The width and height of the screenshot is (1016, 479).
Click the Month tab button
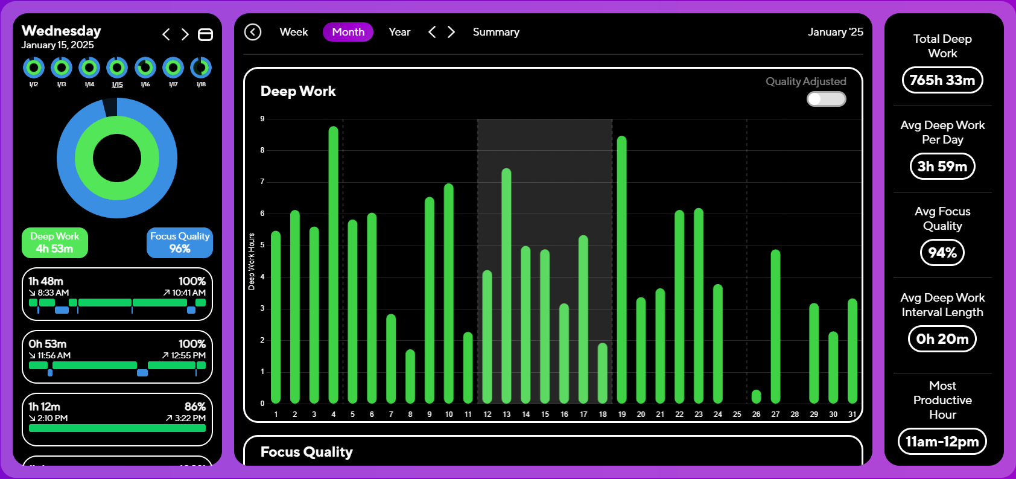[x=348, y=32]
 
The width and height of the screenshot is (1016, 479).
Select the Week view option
[x=294, y=32]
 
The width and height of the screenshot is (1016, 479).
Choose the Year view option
[x=399, y=32]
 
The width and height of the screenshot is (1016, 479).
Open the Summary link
[x=496, y=32]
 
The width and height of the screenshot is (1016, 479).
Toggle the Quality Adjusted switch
[x=827, y=99]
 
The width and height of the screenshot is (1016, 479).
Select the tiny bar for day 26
[x=756, y=396]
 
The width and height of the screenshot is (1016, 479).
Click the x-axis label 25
[x=737, y=414]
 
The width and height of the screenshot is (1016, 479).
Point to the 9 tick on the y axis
[x=262, y=119]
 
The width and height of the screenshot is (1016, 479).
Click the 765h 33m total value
[x=942, y=80]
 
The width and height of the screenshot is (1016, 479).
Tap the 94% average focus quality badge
[x=942, y=253]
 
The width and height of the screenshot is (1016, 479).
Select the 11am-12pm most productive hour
[x=942, y=442]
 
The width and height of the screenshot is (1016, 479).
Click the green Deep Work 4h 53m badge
[x=55, y=243]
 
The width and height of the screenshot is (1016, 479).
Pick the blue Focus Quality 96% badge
[x=180, y=243]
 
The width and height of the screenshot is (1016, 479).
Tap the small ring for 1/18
[x=201, y=68]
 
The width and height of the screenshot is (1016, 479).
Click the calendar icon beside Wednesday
[x=206, y=34]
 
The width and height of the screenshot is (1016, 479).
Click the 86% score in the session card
[x=195, y=407]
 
